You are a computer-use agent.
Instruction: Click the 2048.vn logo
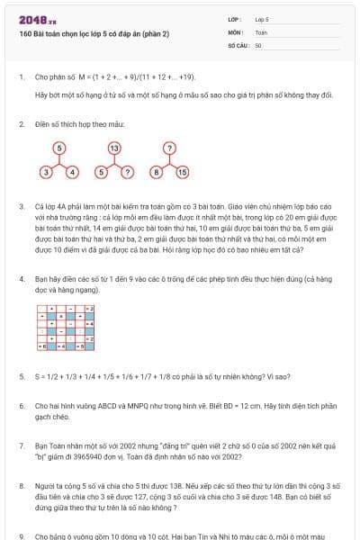pos(33,19)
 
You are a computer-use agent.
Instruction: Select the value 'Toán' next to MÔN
pos(261,31)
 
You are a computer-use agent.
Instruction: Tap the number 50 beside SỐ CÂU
pos(258,44)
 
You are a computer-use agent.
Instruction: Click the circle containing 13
pos(114,147)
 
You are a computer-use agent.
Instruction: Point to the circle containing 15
pos(182,171)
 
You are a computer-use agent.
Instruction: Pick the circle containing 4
pos(72,171)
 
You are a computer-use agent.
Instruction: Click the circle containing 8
pos(156,171)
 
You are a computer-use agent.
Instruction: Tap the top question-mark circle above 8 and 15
pos(168,147)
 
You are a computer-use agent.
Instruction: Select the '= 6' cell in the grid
pos(41,346)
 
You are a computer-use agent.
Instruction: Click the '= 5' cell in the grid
pos(79,346)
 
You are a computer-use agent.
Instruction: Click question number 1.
pos(22,77)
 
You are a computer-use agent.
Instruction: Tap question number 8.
pos(22,483)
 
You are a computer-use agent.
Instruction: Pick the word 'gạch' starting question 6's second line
pos(44,417)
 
